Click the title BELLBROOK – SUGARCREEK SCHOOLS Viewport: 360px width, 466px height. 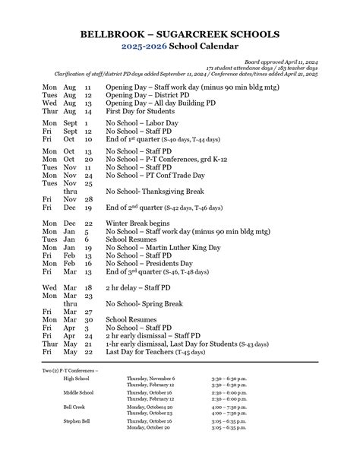180,35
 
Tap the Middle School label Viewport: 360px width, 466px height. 79,392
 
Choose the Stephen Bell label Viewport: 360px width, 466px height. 77,420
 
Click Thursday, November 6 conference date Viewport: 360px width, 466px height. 150,378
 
